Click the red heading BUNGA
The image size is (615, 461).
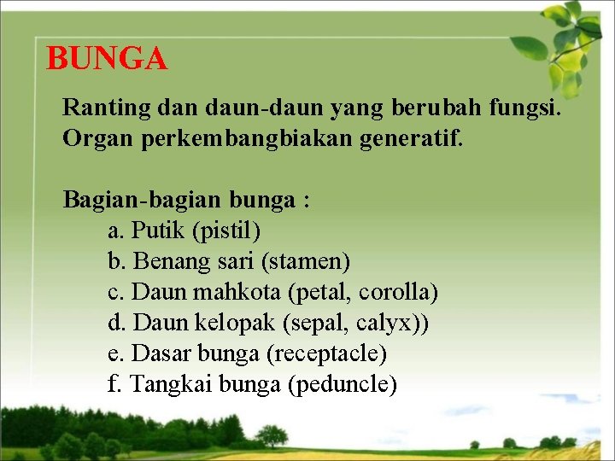point(107,59)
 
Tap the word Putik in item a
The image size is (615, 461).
point(160,230)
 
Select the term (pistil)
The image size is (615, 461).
point(227,230)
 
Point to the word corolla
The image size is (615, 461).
point(398,293)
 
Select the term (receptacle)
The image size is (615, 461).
point(327,354)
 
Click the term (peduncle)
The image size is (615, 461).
point(343,385)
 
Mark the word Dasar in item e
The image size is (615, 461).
point(161,354)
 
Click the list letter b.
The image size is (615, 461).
point(114,261)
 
